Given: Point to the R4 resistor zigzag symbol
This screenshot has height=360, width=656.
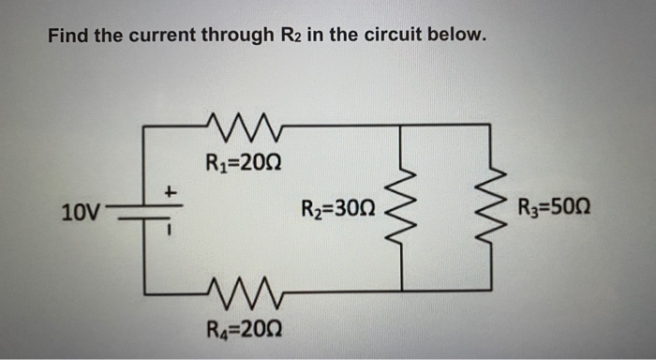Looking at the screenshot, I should (x=243, y=292).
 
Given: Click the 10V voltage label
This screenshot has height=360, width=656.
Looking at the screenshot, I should (x=80, y=211).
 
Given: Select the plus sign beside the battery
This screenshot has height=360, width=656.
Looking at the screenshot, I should (x=171, y=190).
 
